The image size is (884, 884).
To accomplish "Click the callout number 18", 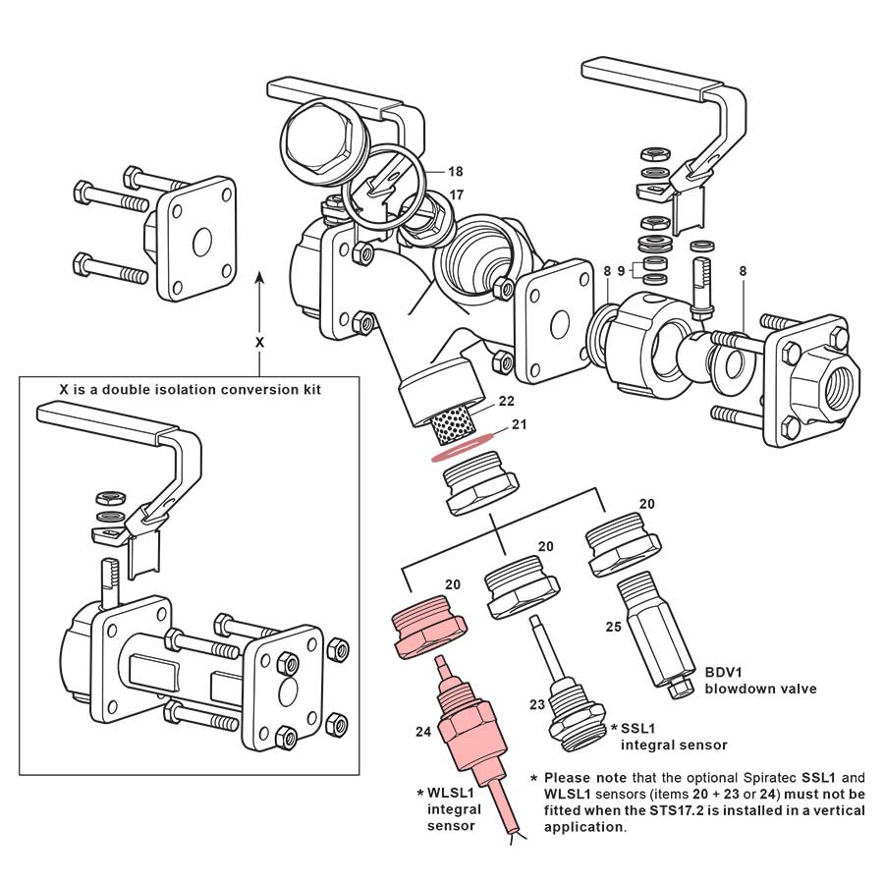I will point(456,171).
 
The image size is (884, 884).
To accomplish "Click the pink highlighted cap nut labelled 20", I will point(429,630).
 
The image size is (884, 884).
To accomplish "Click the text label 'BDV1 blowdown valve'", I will point(759,681).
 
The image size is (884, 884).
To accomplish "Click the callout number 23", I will point(536,703).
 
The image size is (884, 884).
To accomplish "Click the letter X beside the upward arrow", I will point(259,343).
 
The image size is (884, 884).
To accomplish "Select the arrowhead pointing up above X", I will point(259,278).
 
